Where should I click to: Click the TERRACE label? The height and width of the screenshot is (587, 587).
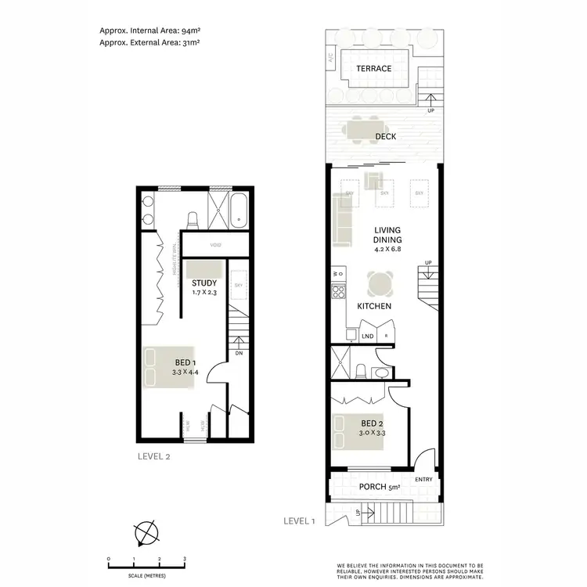pyautogui.click(x=373, y=69)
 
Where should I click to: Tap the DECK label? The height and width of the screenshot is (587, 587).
pyautogui.click(x=385, y=136)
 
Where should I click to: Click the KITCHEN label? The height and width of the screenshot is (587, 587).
pyautogui.click(x=374, y=306)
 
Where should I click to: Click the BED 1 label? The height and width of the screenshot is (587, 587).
pyautogui.click(x=186, y=362)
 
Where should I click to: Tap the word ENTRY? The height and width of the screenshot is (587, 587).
pyautogui.click(x=423, y=479)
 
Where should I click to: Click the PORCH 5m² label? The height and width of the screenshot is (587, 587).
pyautogui.click(x=380, y=488)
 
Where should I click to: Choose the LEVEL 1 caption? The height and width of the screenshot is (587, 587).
pyautogui.click(x=300, y=520)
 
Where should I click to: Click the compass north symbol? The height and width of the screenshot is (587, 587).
pyautogui.click(x=146, y=535)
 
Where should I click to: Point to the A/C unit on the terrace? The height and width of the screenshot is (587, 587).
pyautogui.click(x=332, y=57)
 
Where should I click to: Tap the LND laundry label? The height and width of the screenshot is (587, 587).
pyautogui.click(x=368, y=337)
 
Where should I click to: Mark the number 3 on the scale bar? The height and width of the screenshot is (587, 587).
pyautogui.click(x=184, y=559)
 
